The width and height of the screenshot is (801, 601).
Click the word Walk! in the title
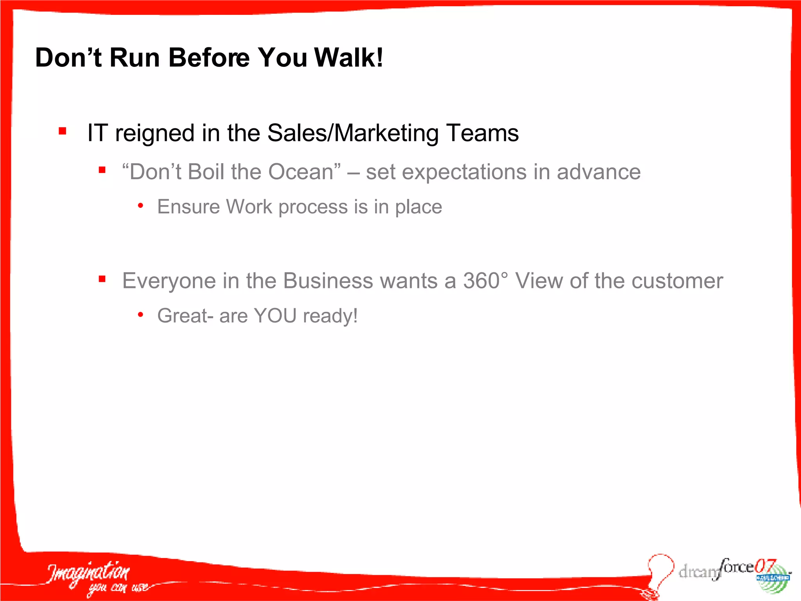tap(348, 58)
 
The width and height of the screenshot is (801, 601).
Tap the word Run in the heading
tap(135, 58)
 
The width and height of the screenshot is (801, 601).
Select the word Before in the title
tap(208, 58)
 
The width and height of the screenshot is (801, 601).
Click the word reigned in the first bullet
tap(155, 133)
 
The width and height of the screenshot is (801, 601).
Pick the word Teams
tap(483, 133)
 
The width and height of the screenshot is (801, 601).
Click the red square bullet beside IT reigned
tap(63, 131)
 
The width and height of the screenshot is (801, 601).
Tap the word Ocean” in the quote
tap(304, 172)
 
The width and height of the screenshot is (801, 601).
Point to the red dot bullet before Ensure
tap(140, 205)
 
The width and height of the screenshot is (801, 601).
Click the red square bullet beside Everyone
tap(102, 279)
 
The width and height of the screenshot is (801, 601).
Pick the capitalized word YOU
tap(275, 315)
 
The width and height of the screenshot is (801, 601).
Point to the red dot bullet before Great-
tap(140, 315)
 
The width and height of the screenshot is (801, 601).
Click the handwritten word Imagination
tap(89, 573)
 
